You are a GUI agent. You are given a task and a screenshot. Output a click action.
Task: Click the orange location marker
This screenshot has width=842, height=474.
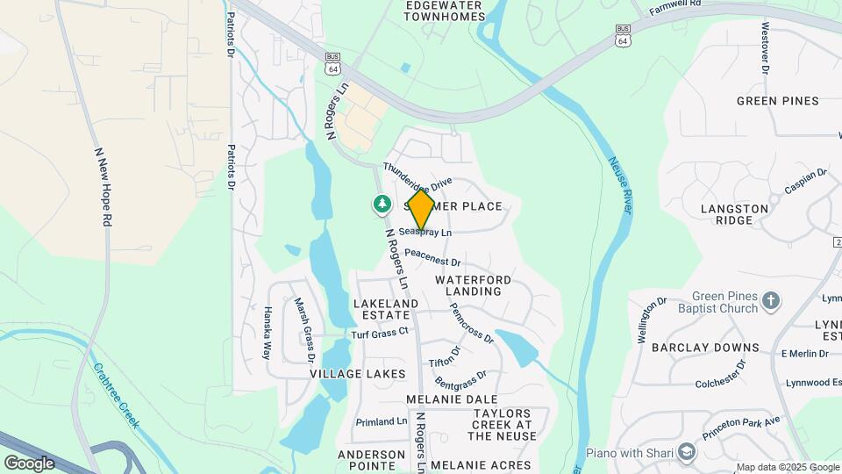[x=421, y=209]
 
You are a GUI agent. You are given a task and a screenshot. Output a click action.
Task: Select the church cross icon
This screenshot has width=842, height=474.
[x=771, y=302]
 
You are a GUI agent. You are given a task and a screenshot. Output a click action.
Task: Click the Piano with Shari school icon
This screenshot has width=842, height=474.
[x=687, y=452]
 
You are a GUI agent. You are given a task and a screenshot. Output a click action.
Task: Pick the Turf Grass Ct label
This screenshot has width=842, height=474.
[x=380, y=333]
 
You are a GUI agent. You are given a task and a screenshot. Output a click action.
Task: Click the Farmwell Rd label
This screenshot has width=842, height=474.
[x=675, y=5]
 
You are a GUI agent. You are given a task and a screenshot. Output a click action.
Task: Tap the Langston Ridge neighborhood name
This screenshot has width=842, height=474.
[x=735, y=214]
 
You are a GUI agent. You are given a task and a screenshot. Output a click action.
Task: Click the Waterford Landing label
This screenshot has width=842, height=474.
[x=473, y=285]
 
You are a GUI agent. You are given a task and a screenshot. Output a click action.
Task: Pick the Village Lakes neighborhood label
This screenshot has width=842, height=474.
[x=357, y=373]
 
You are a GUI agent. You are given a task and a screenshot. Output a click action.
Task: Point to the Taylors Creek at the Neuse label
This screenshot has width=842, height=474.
[x=503, y=424]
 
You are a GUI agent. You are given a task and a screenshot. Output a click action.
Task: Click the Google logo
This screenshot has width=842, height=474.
[x=30, y=463]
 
